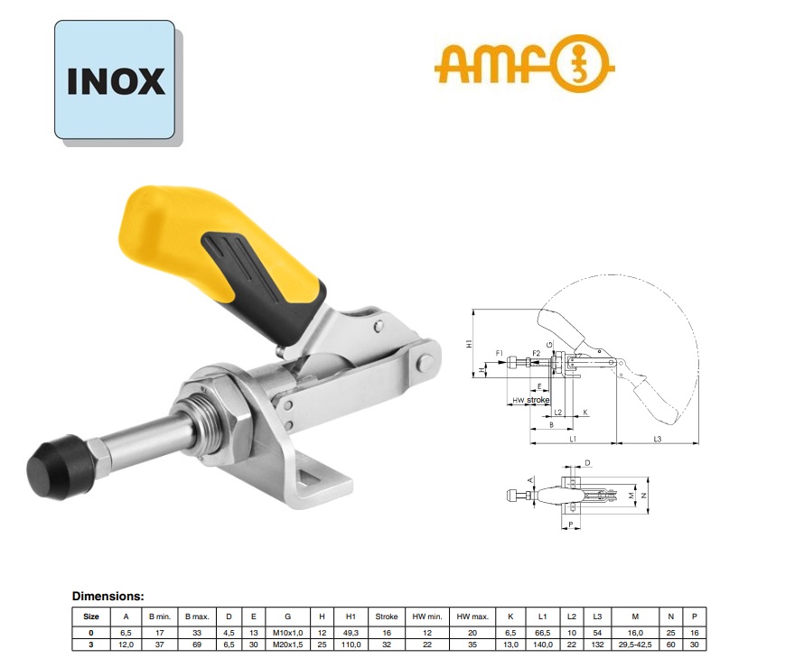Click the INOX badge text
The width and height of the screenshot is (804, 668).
coord(116,81)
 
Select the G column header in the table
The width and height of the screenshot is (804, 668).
coord(287,617)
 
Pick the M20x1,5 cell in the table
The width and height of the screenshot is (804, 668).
coord(287,645)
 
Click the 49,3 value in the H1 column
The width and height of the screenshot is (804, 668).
coord(351,632)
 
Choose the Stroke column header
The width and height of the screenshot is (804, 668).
coord(387,617)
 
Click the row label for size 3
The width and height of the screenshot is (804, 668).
coord(91,645)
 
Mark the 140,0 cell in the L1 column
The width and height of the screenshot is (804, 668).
coord(543,645)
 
